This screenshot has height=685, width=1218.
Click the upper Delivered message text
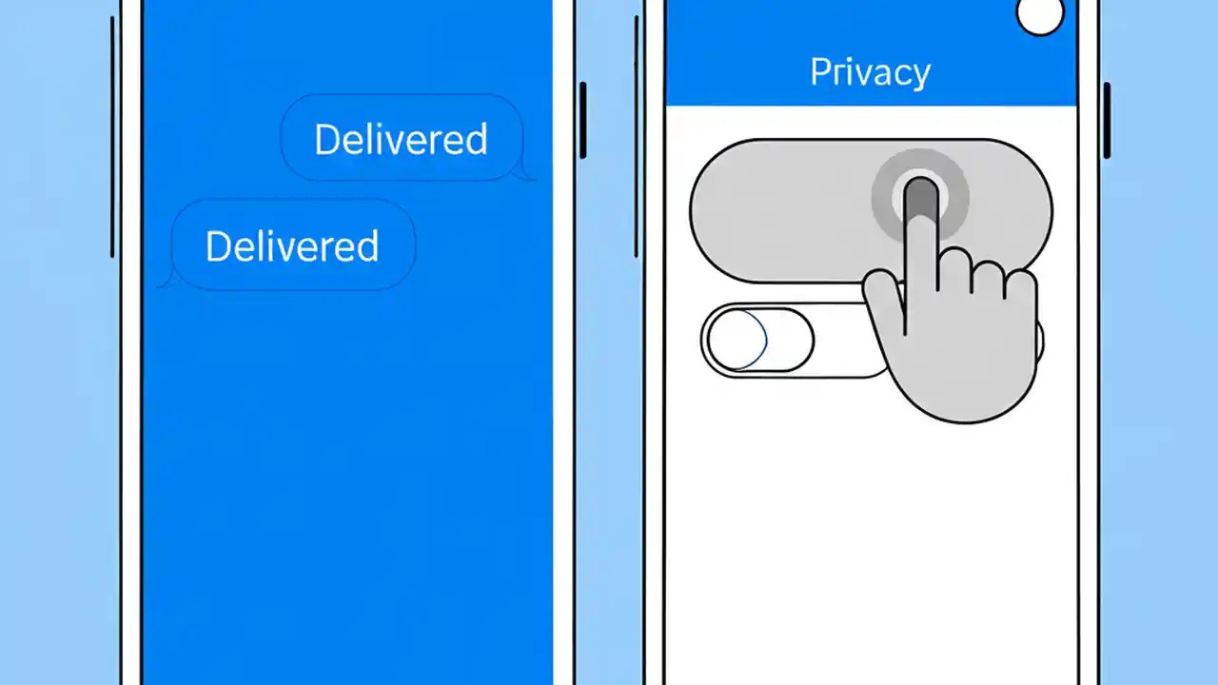click(x=401, y=140)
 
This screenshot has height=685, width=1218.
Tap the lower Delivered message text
click(x=292, y=246)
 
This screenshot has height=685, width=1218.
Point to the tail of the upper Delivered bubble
click(x=525, y=174)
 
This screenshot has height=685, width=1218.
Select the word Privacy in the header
click(x=870, y=72)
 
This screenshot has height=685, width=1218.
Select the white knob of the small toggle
click(x=737, y=340)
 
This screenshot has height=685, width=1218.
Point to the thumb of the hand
click(x=883, y=296)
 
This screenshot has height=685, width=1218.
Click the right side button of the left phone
click(x=582, y=120)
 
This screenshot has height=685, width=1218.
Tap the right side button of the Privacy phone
click(x=1107, y=120)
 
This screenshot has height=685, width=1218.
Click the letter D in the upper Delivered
click(x=325, y=140)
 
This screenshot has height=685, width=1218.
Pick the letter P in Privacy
click(x=819, y=72)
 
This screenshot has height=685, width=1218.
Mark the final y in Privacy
click(x=919, y=76)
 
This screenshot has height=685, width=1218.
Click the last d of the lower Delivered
click(x=368, y=246)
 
